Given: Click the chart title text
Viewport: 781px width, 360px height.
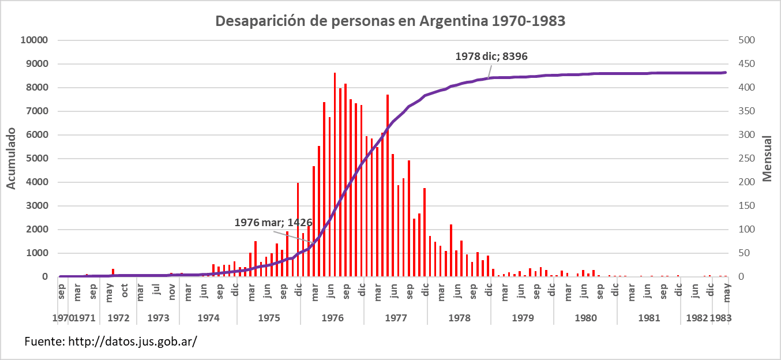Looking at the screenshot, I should pyautogui.click(x=391, y=21).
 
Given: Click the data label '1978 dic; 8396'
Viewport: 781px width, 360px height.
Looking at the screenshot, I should pyautogui.click(x=491, y=57).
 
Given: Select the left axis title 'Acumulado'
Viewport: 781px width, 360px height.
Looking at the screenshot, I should pyautogui.click(x=11, y=159).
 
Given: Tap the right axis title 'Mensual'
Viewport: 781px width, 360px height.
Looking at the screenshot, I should pyautogui.click(x=768, y=159).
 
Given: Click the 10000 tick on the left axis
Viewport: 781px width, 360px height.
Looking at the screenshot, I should pyautogui.click(x=35, y=40).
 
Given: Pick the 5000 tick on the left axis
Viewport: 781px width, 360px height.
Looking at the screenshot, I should pyautogui.click(x=37, y=159).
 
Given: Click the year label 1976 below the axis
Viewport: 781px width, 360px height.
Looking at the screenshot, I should pyautogui.click(x=332, y=318).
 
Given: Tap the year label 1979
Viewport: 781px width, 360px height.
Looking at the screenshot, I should pyautogui.click(x=523, y=318).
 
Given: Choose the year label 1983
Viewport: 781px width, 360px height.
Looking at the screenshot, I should pyautogui.click(x=720, y=318).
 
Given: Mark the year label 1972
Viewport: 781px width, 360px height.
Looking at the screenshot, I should pyautogui.click(x=118, y=318).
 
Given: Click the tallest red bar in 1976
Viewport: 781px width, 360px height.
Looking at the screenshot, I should pyautogui.click(x=335, y=173).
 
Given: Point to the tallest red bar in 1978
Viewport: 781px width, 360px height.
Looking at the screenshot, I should pyautogui.click(x=451, y=250).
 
